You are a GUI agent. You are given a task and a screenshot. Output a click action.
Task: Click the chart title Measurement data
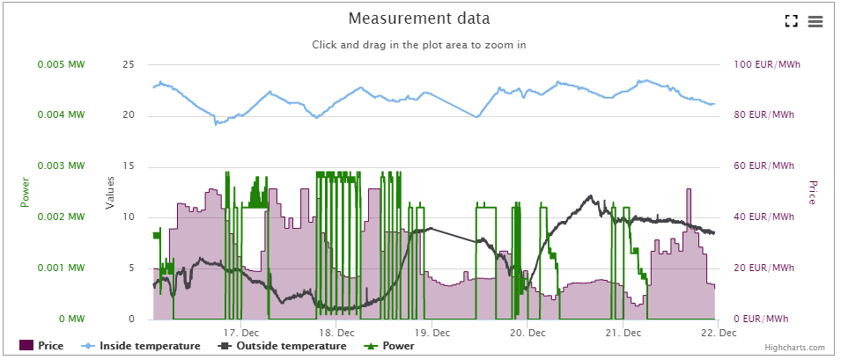[x=418, y=18]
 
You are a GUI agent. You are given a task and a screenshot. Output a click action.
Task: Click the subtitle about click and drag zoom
[x=418, y=45]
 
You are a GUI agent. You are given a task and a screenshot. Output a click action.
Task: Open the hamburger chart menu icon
[x=815, y=21]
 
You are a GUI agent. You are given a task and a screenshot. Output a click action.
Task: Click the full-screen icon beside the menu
[x=791, y=21]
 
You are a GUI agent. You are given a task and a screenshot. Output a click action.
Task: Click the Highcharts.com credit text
[x=795, y=349]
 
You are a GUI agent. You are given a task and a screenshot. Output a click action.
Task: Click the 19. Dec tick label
[x=432, y=333]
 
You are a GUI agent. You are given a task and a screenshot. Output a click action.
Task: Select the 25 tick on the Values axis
[x=129, y=64]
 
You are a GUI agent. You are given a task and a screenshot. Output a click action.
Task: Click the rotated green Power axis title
[x=25, y=191]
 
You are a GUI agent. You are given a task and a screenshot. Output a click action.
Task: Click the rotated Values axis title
[x=110, y=191]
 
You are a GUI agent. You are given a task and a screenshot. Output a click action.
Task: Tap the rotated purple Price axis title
[x=813, y=191]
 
